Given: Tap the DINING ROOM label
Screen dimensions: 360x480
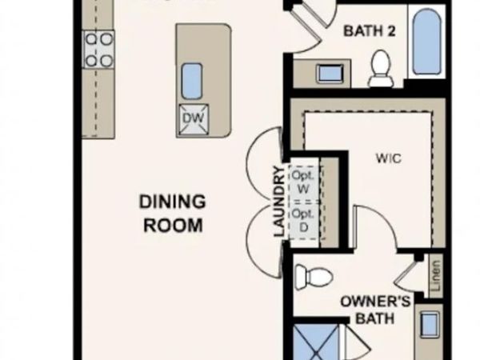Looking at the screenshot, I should click(173, 213).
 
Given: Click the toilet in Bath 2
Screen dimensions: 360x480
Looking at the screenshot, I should click(381, 68).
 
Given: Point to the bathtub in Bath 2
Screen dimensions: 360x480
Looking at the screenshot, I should click(426, 41).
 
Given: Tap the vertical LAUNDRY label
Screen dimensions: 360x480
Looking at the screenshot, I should click(279, 202).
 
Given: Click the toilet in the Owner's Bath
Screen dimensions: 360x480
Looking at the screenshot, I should click(313, 278).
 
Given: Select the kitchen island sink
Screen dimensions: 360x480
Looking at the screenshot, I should click(193, 80).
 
